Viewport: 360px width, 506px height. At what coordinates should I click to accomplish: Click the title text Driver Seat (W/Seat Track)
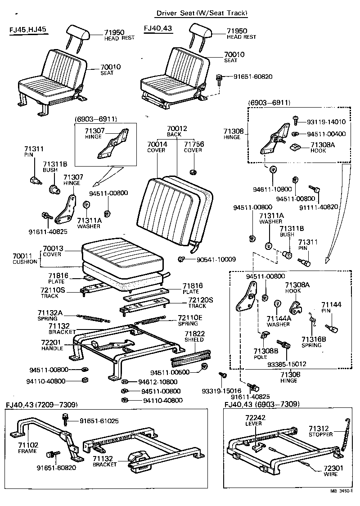tap(202, 13)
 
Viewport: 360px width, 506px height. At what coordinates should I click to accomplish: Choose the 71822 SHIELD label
tap(194, 336)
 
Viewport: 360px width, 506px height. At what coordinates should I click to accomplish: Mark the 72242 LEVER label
tap(253, 420)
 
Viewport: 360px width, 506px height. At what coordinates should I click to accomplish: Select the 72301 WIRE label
tap(333, 471)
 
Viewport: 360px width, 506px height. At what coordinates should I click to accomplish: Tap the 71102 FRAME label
tap(27, 447)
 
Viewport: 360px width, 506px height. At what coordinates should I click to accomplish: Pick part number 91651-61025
tap(99, 421)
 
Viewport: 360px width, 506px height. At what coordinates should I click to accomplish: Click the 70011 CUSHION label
tap(25, 259)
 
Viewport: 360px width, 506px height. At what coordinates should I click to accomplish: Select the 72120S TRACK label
tap(200, 302)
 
